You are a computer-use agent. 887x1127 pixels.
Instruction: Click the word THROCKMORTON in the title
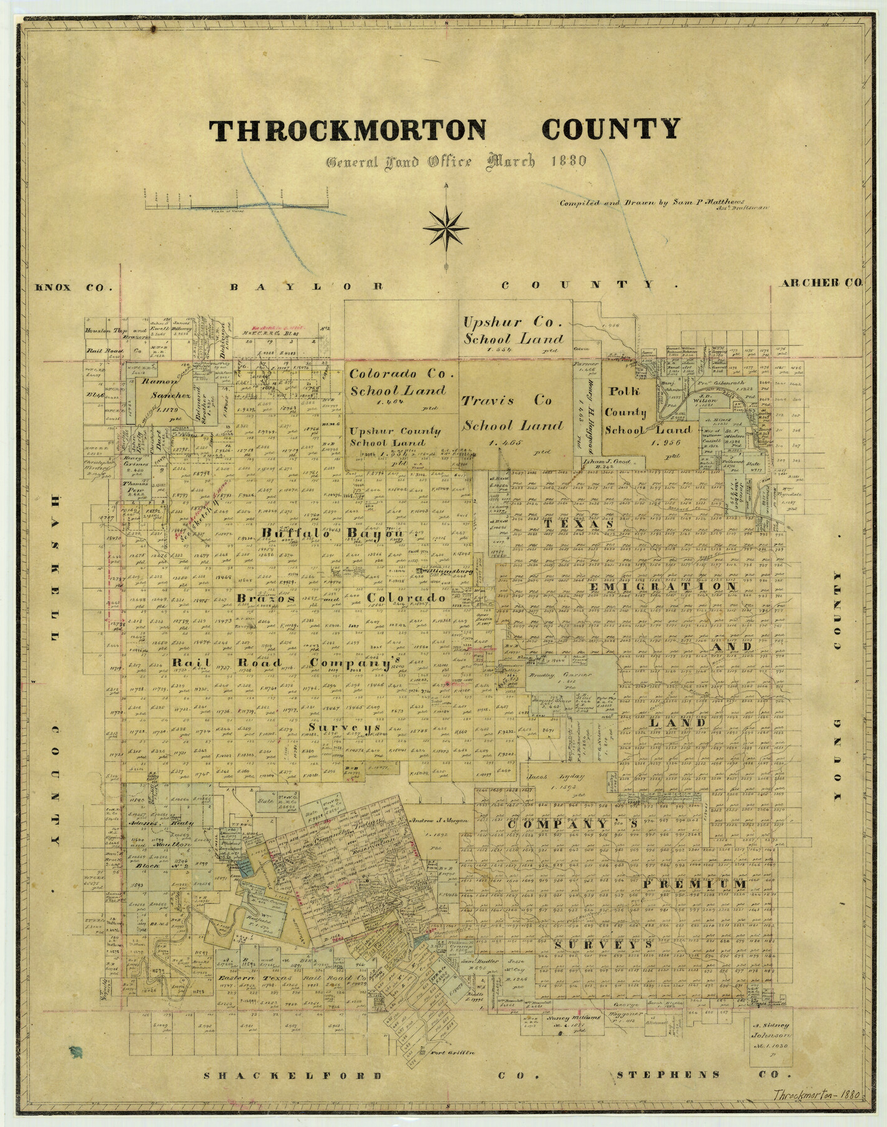(347, 130)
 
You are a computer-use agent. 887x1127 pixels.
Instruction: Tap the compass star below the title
(446, 227)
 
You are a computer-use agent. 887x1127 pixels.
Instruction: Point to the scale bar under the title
(238, 201)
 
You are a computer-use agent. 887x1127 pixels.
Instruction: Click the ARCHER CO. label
(821, 283)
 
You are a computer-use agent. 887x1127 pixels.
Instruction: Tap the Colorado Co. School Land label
(397, 382)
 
